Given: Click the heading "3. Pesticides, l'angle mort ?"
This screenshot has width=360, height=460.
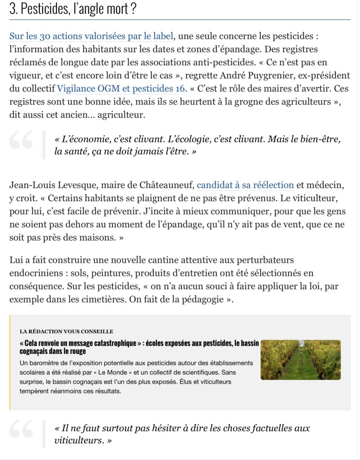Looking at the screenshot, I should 73,9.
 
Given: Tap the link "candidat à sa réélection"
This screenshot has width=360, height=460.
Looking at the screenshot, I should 245,185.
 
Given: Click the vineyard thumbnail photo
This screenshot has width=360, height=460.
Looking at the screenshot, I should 300,360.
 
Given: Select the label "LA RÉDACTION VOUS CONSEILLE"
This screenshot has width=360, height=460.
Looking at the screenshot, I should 67,332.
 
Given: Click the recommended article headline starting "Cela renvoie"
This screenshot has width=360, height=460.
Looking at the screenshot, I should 139,347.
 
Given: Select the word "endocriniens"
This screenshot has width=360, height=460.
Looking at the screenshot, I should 34,273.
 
